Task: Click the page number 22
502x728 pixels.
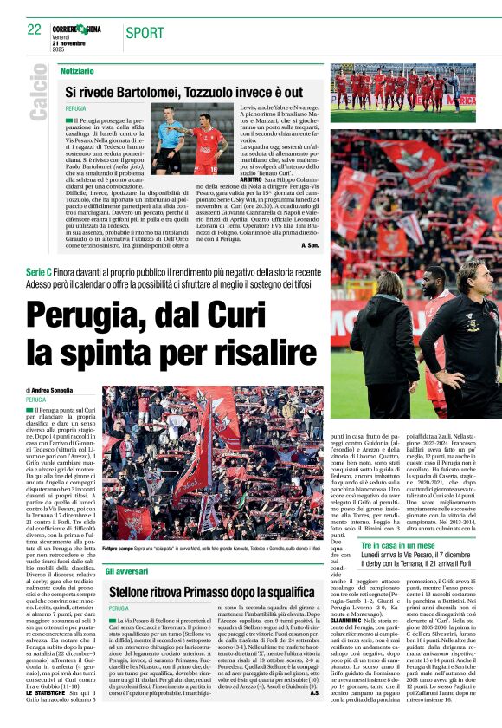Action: click(x=35, y=29)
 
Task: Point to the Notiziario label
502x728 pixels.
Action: click(x=78, y=69)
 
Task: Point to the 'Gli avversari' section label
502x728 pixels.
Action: click(x=127, y=573)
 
